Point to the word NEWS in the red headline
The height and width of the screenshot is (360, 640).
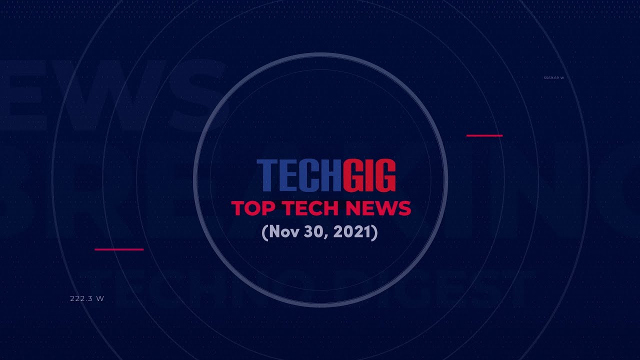[381, 208]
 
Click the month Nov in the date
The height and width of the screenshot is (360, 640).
[282, 232]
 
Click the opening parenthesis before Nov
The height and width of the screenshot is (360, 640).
[264, 232]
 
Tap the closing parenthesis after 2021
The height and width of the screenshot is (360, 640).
[374, 232]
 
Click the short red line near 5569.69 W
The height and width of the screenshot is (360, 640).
[484, 135]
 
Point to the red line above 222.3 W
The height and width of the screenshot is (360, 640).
[119, 249]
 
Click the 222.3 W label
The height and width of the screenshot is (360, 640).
[87, 298]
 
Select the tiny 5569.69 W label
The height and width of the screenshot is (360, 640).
[553, 78]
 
